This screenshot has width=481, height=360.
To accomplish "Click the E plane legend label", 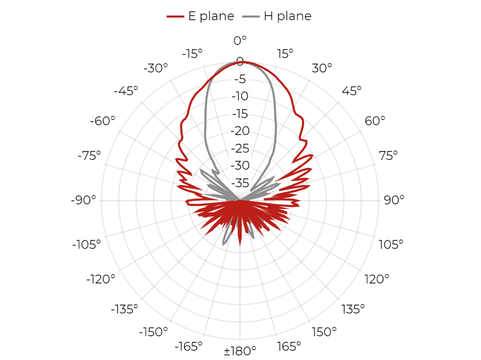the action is pyautogui.click(x=211, y=16).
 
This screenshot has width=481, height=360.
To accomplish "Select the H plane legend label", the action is pyautogui.click(x=288, y=16).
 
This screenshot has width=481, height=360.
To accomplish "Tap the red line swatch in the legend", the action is pyautogui.click(x=175, y=17).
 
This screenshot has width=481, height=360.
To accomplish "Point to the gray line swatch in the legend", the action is pyautogui.click(x=251, y=17).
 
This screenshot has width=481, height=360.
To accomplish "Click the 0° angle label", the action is pyautogui.click(x=240, y=40).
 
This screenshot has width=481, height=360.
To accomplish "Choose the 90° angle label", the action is pyautogui.click(x=394, y=200).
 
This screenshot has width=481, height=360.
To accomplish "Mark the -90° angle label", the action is pyautogui.click(x=83, y=200).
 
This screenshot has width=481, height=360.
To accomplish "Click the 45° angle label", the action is pyautogui.click(x=352, y=91).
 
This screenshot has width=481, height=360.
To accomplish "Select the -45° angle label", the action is pyautogui.click(x=126, y=91).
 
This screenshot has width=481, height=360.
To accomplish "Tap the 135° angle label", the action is pyautogui.click(x=353, y=309).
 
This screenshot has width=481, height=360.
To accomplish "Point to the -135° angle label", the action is pyautogui.click(x=124, y=309).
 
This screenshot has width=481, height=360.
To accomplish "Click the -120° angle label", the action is pyautogui.click(x=101, y=279).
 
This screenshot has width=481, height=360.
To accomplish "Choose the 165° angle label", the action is pyautogui.click(x=289, y=347).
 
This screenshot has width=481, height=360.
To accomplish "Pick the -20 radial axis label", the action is pyautogui.click(x=240, y=131).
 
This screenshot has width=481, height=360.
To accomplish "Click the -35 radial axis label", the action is pyautogui.click(x=240, y=183).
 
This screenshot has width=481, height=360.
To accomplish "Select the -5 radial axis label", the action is pyautogui.click(x=240, y=79).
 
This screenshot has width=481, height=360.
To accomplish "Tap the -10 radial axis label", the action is pyautogui.click(x=240, y=96).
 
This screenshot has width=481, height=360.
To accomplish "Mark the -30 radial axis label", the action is pyautogui.click(x=240, y=166).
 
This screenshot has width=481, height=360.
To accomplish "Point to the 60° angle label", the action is pyautogui.click(x=375, y=121).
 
